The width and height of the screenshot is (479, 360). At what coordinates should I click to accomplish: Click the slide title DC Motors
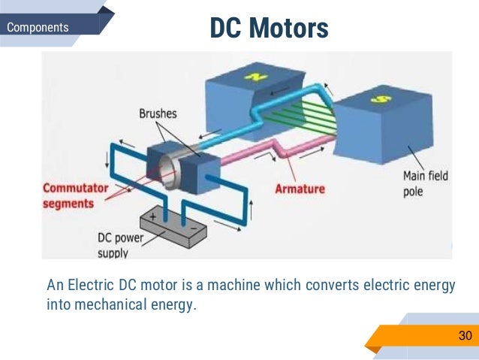[x=270, y=29]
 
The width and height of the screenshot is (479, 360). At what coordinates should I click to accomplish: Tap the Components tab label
[x=38, y=29]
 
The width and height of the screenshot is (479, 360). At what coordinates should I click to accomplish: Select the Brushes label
[x=158, y=114]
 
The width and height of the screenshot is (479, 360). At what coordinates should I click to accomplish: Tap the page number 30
[x=465, y=335]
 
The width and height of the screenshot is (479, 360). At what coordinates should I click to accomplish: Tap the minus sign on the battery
[x=194, y=225]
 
